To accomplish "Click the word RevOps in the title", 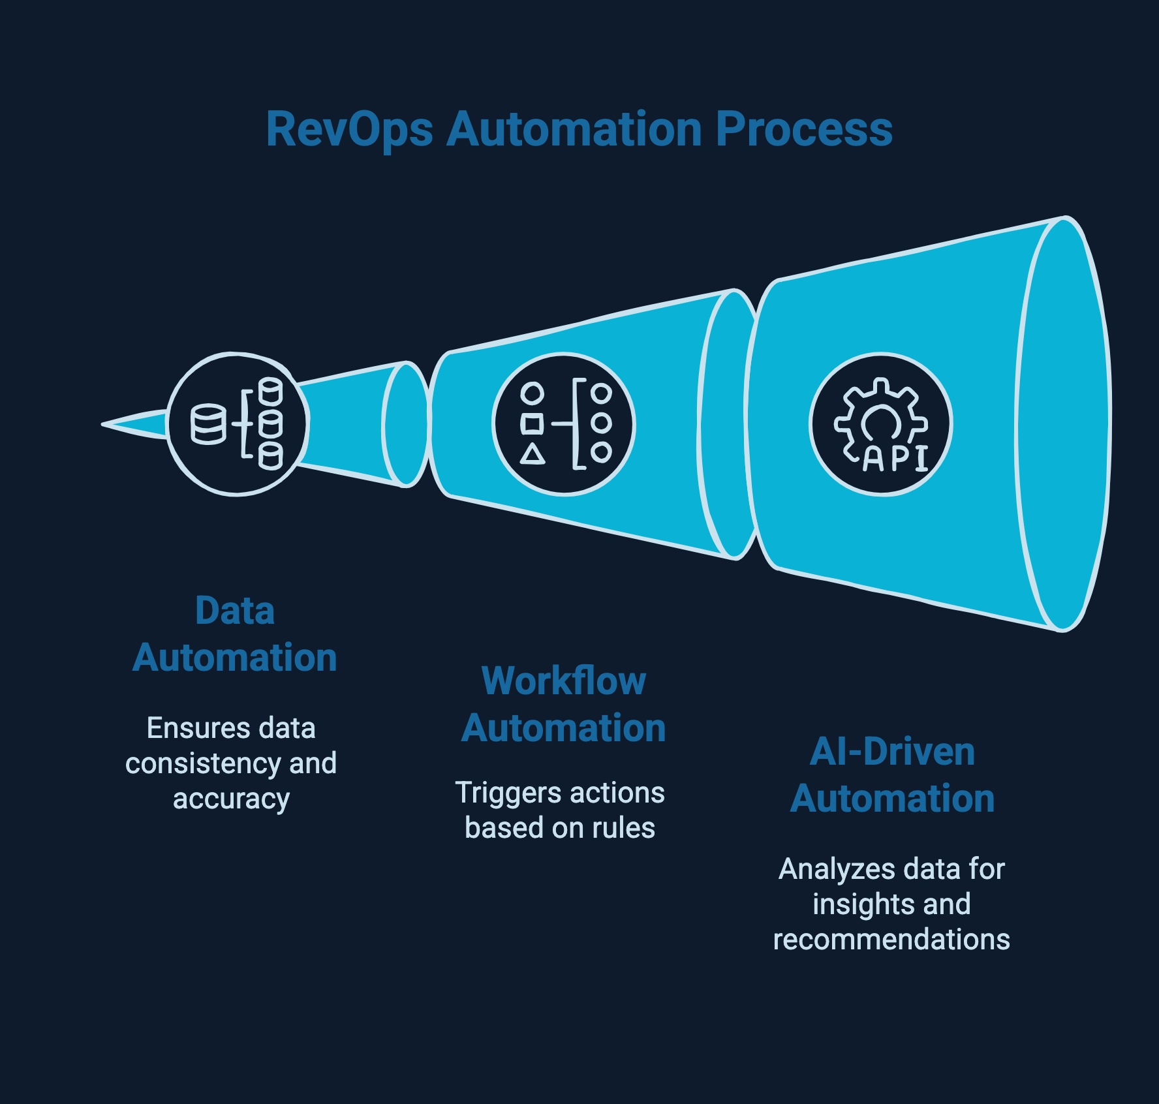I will pos(349,130).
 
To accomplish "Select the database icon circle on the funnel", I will pos(237,424).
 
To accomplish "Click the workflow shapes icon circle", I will pos(564,424).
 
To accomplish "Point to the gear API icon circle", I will pos(880,424).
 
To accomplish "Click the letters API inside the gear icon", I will pos(895,459).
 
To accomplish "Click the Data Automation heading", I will pos(235,634).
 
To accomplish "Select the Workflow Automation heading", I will pos(564,705).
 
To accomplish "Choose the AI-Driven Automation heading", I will pos(892,775).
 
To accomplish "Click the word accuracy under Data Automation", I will pos(231,799).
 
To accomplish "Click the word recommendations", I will pos(891,940).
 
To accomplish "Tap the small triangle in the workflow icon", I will pos(533,454).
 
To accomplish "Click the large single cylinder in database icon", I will pos(208,425).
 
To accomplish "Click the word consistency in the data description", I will pos(203,763).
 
